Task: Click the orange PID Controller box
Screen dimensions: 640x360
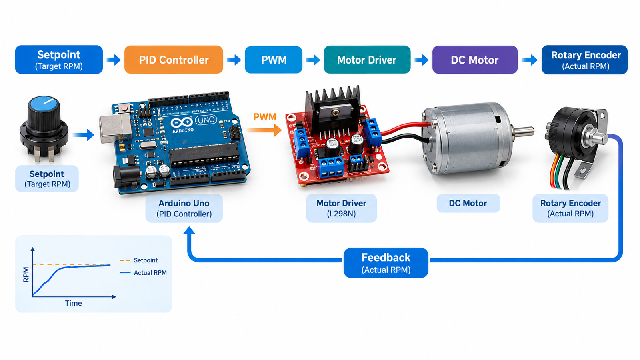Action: click(x=174, y=60)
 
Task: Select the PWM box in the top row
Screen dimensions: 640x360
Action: click(x=274, y=60)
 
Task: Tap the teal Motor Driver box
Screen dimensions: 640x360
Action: click(x=367, y=60)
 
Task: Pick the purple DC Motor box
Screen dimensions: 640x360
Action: click(x=475, y=60)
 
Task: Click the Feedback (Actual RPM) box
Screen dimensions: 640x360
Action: click(x=386, y=263)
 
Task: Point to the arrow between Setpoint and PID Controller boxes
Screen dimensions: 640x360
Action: click(x=114, y=60)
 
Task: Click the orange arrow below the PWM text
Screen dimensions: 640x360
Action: click(x=264, y=130)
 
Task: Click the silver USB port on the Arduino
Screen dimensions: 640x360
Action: click(x=114, y=128)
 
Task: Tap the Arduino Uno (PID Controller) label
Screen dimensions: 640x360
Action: click(x=184, y=208)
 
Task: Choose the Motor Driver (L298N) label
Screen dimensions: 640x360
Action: click(x=342, y=208)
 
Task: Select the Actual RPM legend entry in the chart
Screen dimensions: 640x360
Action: click(x=144, y=272)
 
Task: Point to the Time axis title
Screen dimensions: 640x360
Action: click(x=74, y=303)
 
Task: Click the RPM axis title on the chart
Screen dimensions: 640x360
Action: click(x=26, y=274)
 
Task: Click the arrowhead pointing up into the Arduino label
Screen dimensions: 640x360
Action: click(x=189, y=231)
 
